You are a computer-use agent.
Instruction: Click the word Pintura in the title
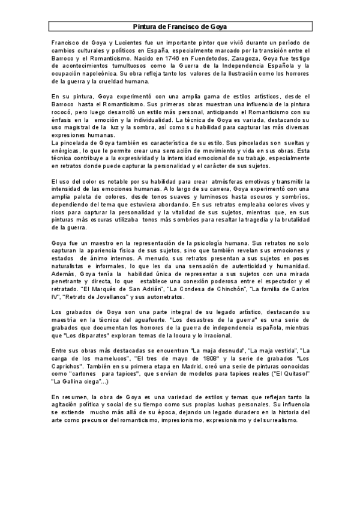pyautogui.click(x=145, y=27)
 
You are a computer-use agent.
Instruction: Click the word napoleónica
pyautogui.click(x=92, y=73)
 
